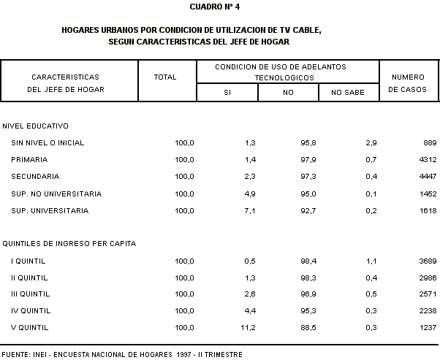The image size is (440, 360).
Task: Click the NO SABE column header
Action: (x=348, y=92)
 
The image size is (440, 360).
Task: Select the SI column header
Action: (x=227, y=92)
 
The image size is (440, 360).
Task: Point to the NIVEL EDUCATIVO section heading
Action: (x=36, y=126)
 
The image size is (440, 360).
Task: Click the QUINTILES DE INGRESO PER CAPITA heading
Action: (x=69, y=243)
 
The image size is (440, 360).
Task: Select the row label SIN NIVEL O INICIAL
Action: (x=49, y=142)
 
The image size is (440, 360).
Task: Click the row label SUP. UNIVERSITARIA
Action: (x=50, y=211)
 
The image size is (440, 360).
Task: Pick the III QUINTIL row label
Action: (x=31, y=294)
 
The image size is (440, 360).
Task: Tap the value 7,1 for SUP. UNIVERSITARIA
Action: (x=249, y=211)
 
